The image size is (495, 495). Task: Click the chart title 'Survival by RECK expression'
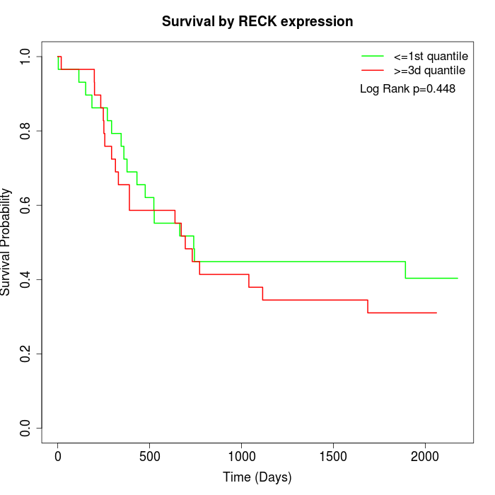[257, 21]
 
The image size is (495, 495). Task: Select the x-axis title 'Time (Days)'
[257, 477]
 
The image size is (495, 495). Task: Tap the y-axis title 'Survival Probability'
[7, 242]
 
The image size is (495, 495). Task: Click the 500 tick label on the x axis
[150, 456]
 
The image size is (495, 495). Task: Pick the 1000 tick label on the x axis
[241, 456]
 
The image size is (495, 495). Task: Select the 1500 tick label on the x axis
[333, 456]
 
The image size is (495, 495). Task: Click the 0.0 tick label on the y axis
[26, 428]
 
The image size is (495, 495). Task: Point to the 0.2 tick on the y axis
[26, 354]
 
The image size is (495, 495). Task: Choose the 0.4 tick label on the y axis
[26, 279]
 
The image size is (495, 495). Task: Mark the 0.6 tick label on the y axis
[26, 205]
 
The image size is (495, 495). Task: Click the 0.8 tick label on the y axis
[26, 131]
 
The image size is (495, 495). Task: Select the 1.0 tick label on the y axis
[26, 57]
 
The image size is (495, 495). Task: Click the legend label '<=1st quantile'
[431, 56]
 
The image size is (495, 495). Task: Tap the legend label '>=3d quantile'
[429, 70]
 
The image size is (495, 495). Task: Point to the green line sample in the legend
[373, 56]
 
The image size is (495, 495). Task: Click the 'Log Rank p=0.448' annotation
[407, 89]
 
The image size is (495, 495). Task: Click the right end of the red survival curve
[436, 313]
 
